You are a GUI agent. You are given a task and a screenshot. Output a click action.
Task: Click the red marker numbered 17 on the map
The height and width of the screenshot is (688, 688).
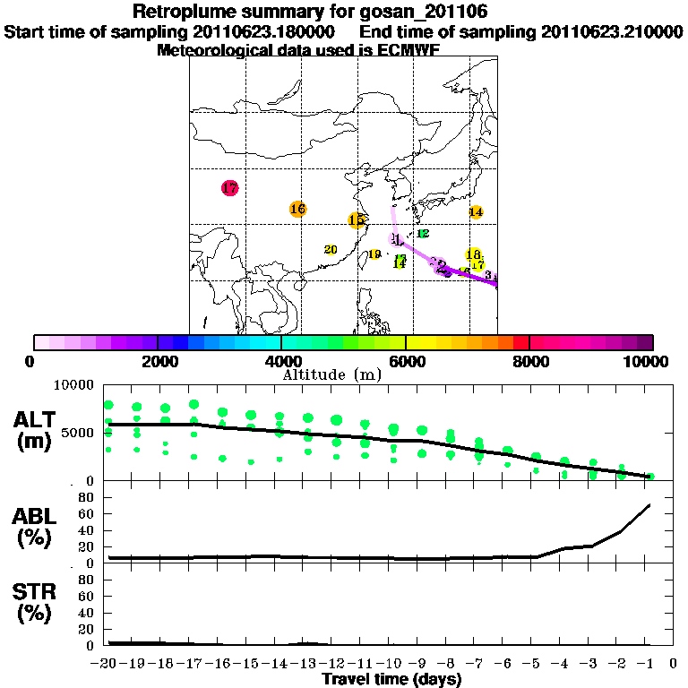(x=229, y=188)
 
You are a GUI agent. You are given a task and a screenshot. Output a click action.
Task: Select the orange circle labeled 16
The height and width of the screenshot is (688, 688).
(x=298, y=209)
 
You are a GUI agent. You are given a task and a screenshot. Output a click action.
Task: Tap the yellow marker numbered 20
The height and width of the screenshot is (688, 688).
(x=331, y=250)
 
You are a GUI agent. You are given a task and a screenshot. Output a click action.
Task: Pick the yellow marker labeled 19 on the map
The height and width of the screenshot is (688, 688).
(x=375, y=254)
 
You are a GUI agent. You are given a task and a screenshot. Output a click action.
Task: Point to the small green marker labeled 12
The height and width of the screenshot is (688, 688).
(x=423, y=233)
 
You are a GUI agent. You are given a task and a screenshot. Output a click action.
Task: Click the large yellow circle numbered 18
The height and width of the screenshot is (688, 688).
(x=474, y=254)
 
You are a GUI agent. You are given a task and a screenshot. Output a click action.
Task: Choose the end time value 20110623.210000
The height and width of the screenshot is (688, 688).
(x=612, y=31)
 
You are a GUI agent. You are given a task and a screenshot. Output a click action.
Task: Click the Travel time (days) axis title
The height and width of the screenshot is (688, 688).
(x=391, y=679)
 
